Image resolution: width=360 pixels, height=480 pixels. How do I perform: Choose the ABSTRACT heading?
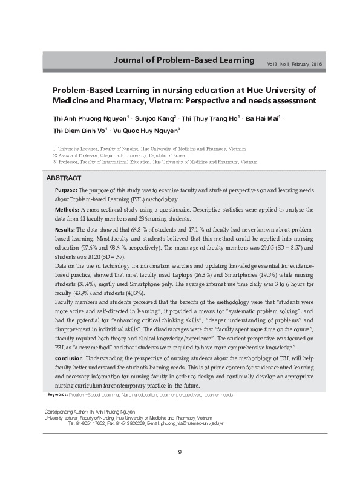pos(64,161)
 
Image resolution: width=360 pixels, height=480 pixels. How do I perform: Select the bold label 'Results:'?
pos(65,230)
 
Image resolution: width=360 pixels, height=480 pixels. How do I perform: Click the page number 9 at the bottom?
pos(180,451)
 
